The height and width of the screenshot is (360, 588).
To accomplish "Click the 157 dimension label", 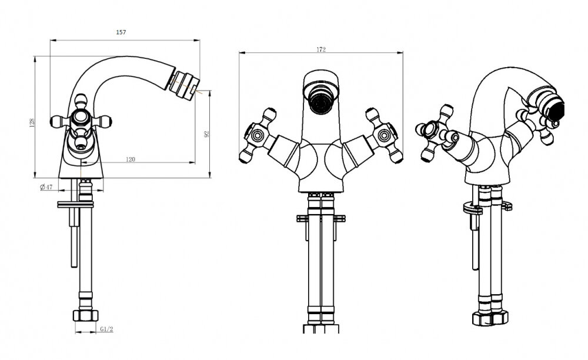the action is point(121,32).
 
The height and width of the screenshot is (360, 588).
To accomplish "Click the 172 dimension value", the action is point(321,49).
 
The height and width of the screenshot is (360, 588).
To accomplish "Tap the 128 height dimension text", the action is point(32,122).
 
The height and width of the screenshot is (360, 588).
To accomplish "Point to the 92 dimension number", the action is point(206,134).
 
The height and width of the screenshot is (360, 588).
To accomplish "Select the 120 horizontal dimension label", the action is point(130,159).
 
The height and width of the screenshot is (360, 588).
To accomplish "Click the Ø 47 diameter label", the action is point(46,186).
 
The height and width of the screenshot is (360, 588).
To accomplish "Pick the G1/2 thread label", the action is point(106,329).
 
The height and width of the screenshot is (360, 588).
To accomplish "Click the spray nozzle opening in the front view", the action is point(320,102).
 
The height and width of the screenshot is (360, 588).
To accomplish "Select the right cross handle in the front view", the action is point(384,135).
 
